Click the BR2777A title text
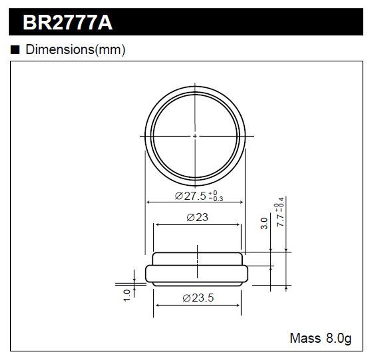(68, 23)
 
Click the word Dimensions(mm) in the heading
(75, 50)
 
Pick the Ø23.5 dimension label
(198, 298)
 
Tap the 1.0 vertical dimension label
(127, 295)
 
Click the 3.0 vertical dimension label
(264, 223)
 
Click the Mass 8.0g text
(320, 338)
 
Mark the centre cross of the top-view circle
(195, 136)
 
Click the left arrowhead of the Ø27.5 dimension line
(149, 202)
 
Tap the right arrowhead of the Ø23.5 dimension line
(239, 305)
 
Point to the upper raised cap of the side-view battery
(197, 259)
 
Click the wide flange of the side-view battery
(155, 274)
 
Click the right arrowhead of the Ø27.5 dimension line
(242, 202)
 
